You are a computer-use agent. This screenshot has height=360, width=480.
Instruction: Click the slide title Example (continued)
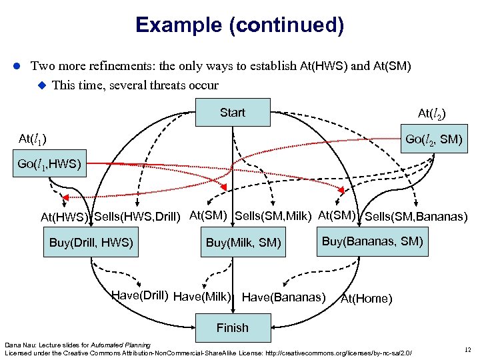pyautogui.click(x=239, y=25)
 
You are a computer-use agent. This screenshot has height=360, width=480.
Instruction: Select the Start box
pyautogui.click(x=233, y=113)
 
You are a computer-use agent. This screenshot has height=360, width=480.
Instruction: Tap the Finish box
pyautogui.click(x=233, y=327)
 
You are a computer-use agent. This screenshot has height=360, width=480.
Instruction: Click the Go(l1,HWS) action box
pyautogui.click(x=49, y=164)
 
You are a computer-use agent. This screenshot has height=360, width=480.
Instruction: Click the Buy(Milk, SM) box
pyautogui.click(x=243, y=243)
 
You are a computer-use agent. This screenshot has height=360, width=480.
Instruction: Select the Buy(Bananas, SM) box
pyautogui.click(x=373, y=241)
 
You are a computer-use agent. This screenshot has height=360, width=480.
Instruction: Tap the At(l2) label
pyautogui.click(x=431, y=115)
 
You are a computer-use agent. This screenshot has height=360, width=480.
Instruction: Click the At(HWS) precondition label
pyautogui.click(x=65, y=217)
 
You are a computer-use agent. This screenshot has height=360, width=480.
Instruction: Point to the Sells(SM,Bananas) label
pyautogui.click(x=416, y=216)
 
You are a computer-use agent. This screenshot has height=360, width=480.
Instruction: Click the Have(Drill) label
pyautogui.click(x=139, y=295)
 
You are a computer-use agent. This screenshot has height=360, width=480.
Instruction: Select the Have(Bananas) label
pyautogui.click(x=284, y=297)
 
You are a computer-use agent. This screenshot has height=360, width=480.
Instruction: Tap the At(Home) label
pyautogui.click(x=366, y=298)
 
